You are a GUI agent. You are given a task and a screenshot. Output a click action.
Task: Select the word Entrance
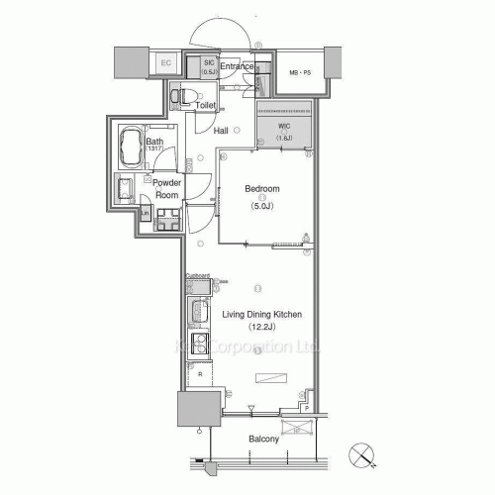tap(238, 66)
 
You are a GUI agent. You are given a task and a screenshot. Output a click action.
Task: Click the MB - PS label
tap(300, 73)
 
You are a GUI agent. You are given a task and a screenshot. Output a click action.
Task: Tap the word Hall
tap(222, 131)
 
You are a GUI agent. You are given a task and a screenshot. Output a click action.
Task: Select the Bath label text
tap(155, 143)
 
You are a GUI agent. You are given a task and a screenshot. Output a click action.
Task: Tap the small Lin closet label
tap(146, 212)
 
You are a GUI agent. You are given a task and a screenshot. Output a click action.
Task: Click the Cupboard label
tap(197, 278)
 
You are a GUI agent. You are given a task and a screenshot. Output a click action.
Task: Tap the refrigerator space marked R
tap(201, 375)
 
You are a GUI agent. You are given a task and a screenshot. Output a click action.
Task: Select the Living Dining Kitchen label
tap(261, 315)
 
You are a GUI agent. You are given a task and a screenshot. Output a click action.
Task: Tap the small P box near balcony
tap(308, 407)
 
